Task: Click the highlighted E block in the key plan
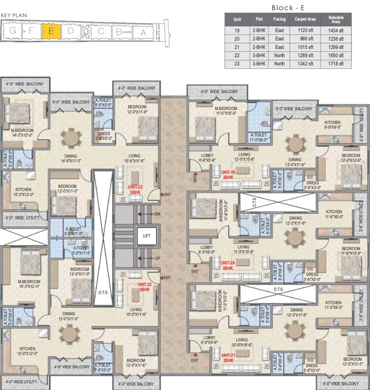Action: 51,31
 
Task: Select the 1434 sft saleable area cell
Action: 335,31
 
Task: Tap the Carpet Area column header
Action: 305,20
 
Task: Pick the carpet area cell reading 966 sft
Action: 305,39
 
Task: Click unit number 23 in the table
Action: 237,64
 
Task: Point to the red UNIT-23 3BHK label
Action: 135,189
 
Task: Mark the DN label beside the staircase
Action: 157,214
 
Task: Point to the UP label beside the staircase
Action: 157,258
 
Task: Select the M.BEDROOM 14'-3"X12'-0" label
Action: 22,133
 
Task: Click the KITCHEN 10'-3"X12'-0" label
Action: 23,191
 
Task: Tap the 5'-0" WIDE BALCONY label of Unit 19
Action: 294,109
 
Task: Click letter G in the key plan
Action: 11,31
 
